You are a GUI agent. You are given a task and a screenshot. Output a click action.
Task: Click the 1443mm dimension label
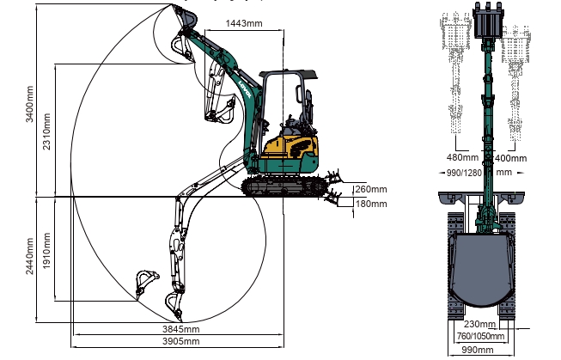[244, 23]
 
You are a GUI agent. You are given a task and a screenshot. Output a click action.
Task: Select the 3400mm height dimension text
[29, 104]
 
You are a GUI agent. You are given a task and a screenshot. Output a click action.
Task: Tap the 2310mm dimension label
[46, 131]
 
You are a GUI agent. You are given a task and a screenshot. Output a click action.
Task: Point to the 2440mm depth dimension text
[29, 256]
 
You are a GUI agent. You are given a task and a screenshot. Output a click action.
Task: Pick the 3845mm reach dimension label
[180, 329]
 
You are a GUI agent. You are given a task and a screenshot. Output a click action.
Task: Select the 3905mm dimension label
[180, 341]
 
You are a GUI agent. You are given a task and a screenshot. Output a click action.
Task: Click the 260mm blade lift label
[371, 189]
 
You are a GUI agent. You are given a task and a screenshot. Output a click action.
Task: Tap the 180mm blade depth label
[371, 204]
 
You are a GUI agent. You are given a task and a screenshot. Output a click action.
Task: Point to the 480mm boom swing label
[462, 157]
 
